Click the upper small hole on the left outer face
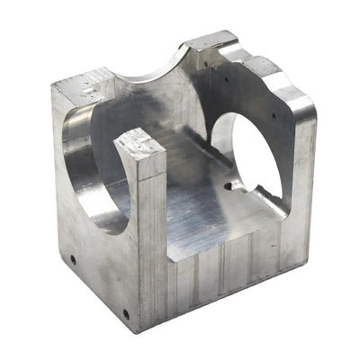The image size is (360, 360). (73, 259)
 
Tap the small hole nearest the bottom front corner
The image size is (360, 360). (125, 314)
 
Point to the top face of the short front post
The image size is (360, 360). (139, 144)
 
